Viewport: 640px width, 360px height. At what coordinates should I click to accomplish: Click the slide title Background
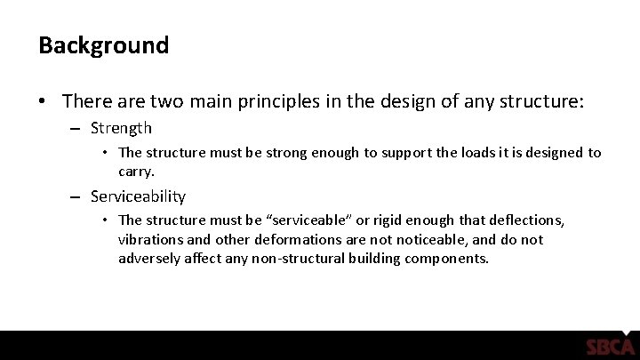[x=103, y=45]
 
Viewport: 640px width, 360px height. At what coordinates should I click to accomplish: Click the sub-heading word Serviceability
[x=141, y=196]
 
